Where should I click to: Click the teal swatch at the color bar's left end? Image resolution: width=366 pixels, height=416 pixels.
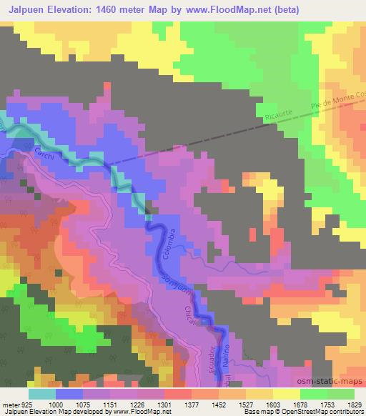(x=42, y=394)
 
